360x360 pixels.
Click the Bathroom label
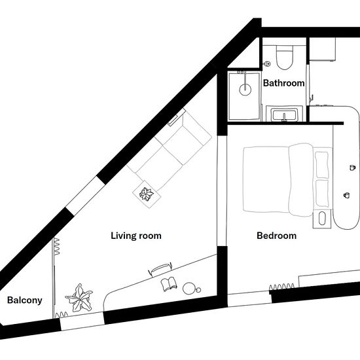pos(284,83)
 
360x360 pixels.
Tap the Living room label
pos(136,236)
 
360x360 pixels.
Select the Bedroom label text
pos(276,236)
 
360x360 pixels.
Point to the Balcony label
pos(25,300)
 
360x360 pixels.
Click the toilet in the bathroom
pos(285,58)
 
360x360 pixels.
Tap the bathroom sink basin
pos(285,115)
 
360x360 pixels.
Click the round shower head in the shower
pos(245,89)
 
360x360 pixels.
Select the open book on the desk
pos(170,284)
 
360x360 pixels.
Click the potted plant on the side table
pos(146,194)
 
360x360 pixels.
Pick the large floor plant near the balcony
pos(79,298)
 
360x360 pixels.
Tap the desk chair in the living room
pos(160,270)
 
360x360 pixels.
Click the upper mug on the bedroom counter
pos(352,168)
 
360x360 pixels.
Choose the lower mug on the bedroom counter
pos(346,195)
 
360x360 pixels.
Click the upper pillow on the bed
pos(322,164)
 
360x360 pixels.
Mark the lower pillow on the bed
pos(322,193)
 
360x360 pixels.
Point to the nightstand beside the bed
pos(322,219)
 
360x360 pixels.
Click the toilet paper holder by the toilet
pos(267,63)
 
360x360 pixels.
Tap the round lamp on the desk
pos(189,288)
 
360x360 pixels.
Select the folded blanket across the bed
pos(301,180)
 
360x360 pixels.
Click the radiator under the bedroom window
pos(281,287)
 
